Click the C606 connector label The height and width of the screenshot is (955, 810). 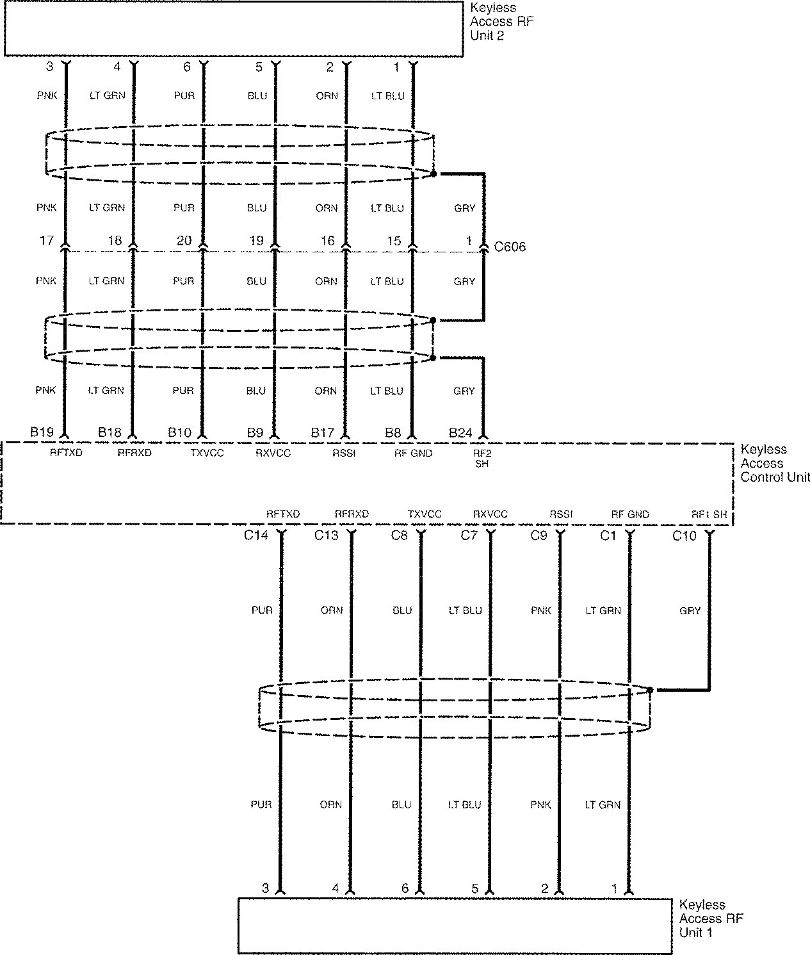pyautogui.click(x=510, y=247)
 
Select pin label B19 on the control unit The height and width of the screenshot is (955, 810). pyautogui.click(x=42, y=432)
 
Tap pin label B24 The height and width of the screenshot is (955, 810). pyautogui.click(x=460, y=432)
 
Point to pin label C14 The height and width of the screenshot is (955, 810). pyautogui.click(x=256, y=535)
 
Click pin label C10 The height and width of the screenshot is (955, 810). pyautogui.click(x=684, y=535)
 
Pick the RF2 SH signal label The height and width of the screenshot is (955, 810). pyautogui.click(x=482, y=459)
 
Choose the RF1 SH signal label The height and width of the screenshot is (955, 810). pyautogui.click(x=709, y=514)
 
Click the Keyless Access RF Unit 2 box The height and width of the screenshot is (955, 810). pyautogui.click(x=234, y=29)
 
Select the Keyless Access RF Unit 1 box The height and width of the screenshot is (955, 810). pyautogui.click(x=455, y=926)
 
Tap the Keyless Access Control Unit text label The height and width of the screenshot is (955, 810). pyautogui.click(x=775, y=463)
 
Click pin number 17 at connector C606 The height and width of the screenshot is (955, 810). pyautogui.click(x=47, y=240)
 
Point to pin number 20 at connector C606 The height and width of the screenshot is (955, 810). pyautogui.click(x=184, y=240)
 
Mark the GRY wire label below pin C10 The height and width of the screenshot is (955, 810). pyautogui.click(x=690, y=611)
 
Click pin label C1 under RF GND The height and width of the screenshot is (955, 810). pyautogui.click(x=608, y=535)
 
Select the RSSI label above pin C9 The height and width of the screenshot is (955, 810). pyautogui.click(x=561, y=514)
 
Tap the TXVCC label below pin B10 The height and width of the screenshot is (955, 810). pyautogui.click(x=207, y=453)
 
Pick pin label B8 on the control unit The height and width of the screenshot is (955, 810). pyautogui.click(x=393, y=432)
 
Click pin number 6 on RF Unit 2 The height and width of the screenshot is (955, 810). pyautogui.click(x=187, y=67)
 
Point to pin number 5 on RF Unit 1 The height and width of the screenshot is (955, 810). pyautogui.click(x=474, y=888)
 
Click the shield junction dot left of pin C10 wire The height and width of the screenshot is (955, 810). pyautogui.click(x=650, y=690)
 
